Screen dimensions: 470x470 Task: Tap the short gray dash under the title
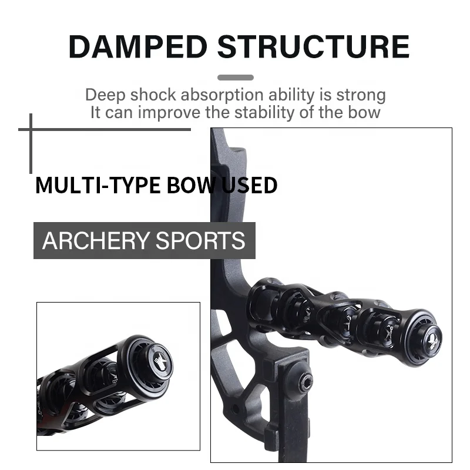tap(236, 78)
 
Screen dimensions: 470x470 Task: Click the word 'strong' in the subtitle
tap(361, 95)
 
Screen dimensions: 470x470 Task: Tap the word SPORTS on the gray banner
tap(206, 241)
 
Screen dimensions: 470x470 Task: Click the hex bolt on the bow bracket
tap(305, 384)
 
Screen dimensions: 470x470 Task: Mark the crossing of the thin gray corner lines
tap(31, 129)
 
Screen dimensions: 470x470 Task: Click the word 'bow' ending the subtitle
tap(366, 112)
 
